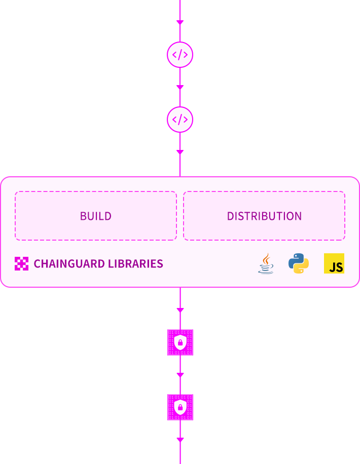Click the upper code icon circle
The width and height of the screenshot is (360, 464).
180,55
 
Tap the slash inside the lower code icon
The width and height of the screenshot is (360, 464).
180,120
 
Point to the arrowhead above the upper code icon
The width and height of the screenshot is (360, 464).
180,22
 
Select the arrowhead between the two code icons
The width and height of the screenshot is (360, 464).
180,87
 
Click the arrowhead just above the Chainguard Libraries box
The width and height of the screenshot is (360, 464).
180,152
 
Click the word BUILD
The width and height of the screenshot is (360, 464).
96,216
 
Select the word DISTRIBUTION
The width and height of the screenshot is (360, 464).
264,216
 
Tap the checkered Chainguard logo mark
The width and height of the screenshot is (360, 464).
21,263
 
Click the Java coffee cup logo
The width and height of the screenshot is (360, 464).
266,267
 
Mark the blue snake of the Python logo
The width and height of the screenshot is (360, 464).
295,259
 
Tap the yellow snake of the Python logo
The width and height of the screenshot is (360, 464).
303,268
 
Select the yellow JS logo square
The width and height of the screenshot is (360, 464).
334,263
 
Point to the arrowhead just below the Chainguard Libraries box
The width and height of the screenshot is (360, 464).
180,310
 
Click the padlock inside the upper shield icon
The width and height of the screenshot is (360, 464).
180,343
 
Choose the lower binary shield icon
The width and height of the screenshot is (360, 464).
180,407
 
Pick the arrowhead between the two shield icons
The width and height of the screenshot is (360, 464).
180,375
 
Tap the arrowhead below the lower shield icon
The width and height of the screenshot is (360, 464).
180,440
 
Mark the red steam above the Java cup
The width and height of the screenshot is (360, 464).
266,258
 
